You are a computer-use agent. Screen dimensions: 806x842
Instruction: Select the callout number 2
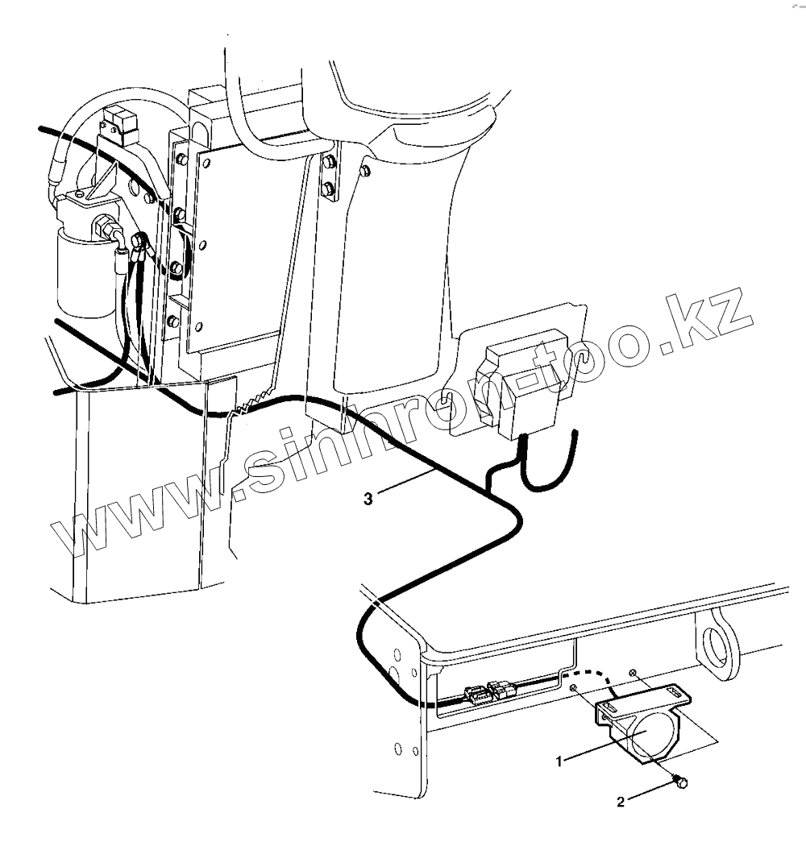tap(621, 802)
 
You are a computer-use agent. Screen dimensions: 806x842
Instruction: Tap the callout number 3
tap(368, 500)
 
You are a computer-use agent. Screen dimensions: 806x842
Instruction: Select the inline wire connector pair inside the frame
tap(489, 691)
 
